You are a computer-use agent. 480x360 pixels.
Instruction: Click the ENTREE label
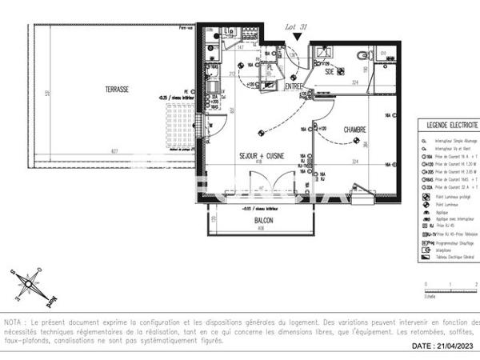294,86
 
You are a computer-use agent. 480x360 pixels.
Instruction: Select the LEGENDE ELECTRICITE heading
452,126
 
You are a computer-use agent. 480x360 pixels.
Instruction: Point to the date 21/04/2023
443,346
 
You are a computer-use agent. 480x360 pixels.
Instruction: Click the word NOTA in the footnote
14,322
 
